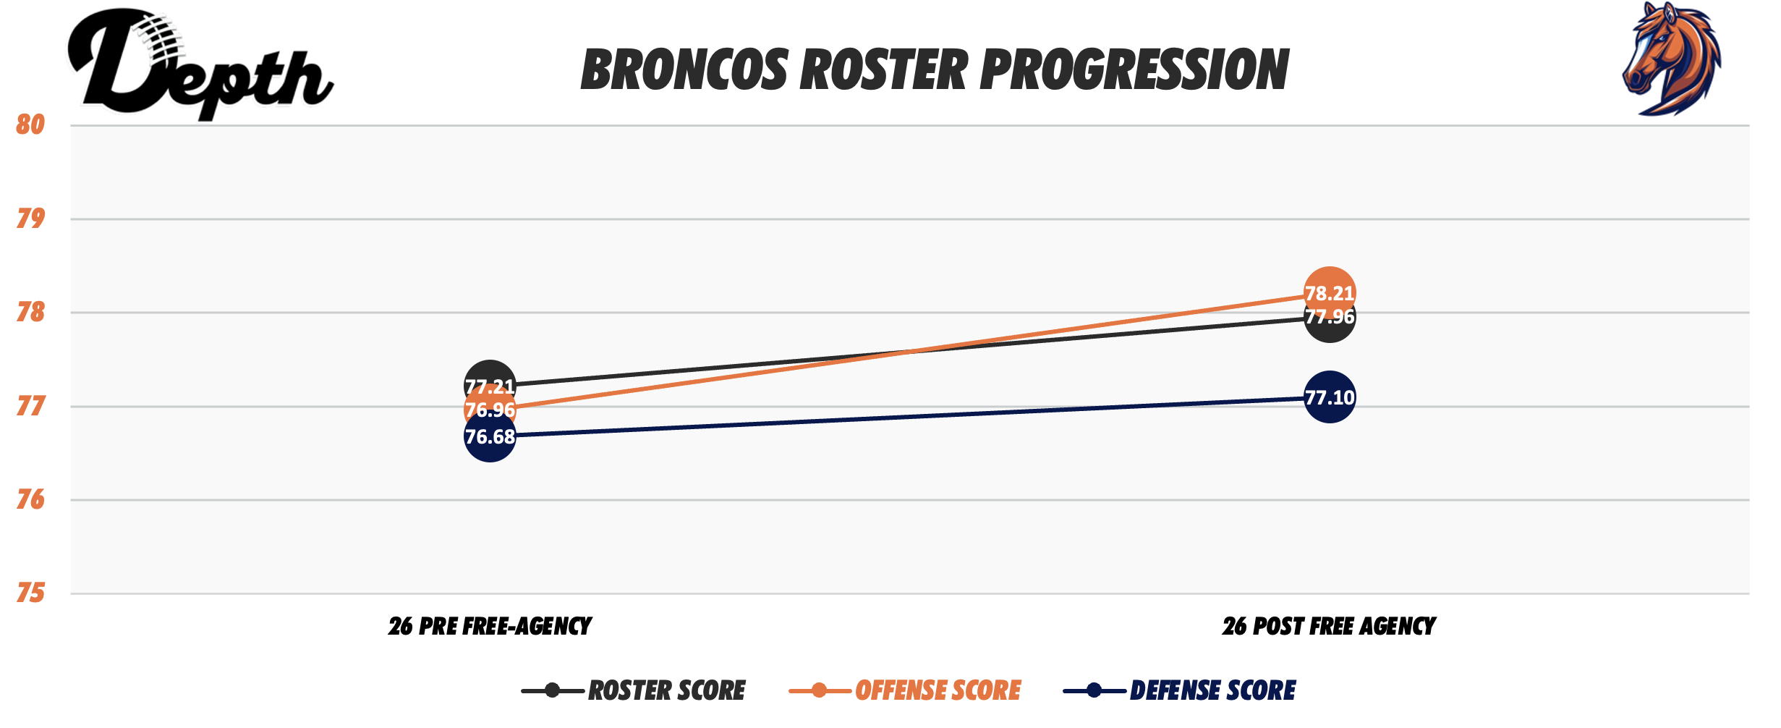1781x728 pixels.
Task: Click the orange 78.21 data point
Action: pos(1329,292)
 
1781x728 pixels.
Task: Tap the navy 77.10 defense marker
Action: pos(1330,397)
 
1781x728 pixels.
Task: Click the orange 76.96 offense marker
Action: pos(490,410)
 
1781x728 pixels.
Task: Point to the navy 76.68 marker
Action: pos(490,437)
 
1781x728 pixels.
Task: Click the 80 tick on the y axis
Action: pos(30,124)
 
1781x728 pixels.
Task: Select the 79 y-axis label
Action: pos(30,219)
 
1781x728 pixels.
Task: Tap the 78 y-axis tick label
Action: pos(30,313)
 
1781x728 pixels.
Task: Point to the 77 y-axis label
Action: pos(30,407)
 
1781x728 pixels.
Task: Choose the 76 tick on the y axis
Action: pos(30,500)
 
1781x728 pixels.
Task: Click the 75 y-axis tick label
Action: pos(30,594)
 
